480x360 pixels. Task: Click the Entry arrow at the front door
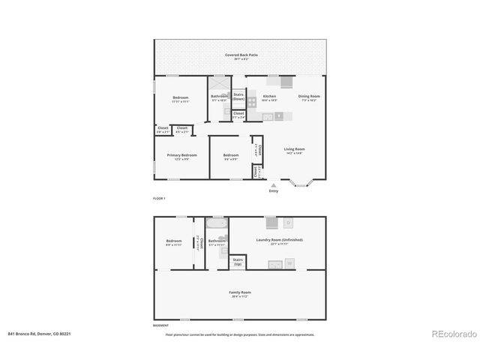pyautogui.click(x=273, y=184)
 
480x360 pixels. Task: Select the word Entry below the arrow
pyautogui.click(x=273, y=191)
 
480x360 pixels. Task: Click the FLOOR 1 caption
pyautogui.click(x=159, y=198)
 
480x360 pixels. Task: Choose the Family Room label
pyautogui.click(x=240, y=293)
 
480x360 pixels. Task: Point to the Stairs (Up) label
pyautogui.click(x=238, y=262)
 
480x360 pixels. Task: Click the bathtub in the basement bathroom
pyautogui.click(x=216, y=224)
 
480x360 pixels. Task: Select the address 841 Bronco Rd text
pyautogui.click(x=41, y=334)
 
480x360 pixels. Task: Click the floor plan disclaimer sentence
pyautogui.click(x=240, y=334)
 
